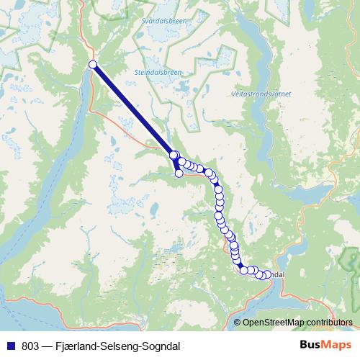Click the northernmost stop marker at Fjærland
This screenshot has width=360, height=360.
coord(92,66)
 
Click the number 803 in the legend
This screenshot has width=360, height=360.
coord(31,346)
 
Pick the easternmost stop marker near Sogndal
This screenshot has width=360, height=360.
coord(267,275)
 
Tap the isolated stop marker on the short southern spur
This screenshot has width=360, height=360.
coord(179,173)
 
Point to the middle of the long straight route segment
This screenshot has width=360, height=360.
coord(133,110)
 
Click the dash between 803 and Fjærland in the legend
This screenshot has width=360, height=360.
coord(46,346)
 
